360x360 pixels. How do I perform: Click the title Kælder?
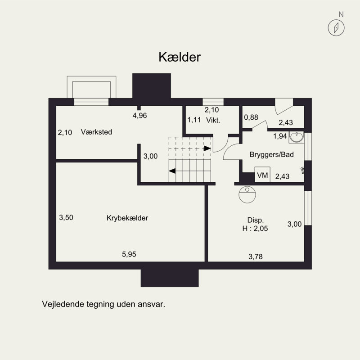[179, 57]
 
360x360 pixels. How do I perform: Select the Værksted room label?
[96, 132]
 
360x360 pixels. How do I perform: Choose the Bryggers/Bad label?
[271, 154]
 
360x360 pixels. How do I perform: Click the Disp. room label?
[256, 220]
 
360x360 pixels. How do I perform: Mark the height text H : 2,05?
[256, 229]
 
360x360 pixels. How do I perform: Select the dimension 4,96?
[139, 116]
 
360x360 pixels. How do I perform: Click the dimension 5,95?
[129, 254]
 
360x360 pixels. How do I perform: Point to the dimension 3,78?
[256, 257]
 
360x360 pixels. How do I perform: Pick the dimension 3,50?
[66, 217]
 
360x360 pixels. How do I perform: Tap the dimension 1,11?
[194, 120]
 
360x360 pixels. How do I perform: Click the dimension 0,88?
[251, 117]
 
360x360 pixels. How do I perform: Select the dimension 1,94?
[280, 136]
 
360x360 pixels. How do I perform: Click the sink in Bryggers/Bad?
[297, 136]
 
